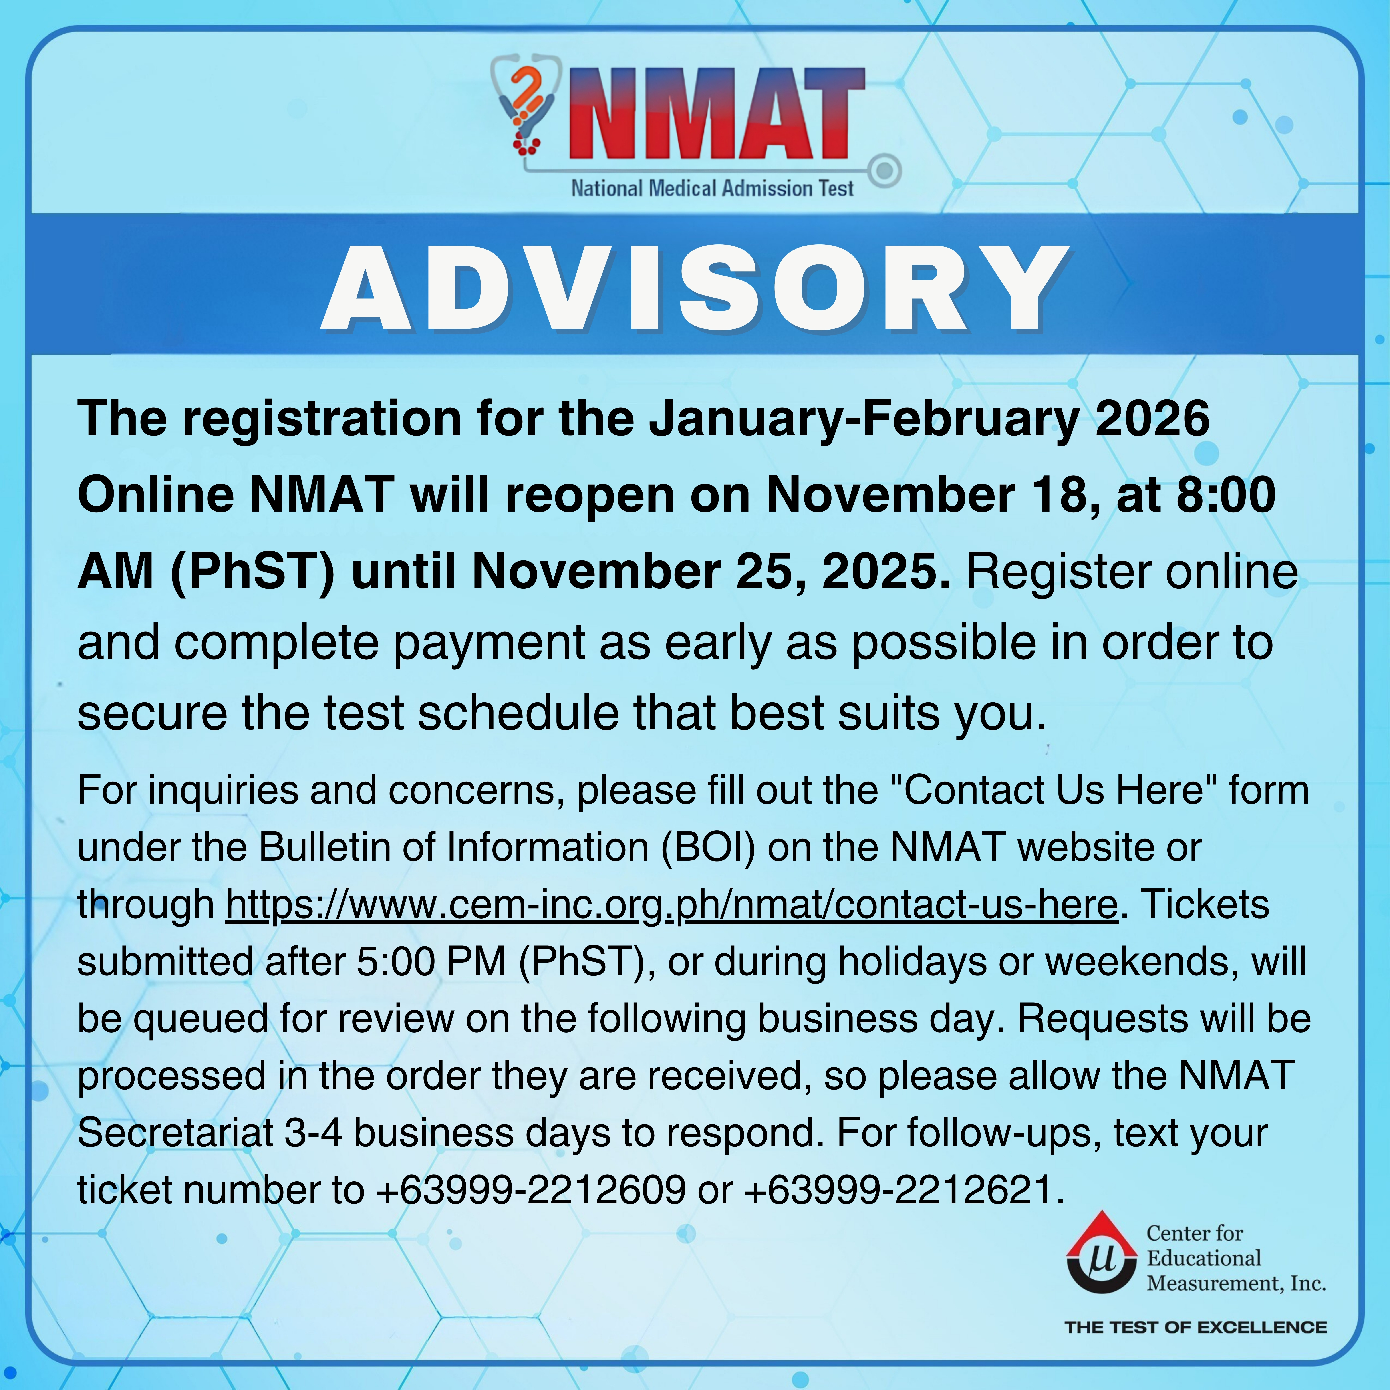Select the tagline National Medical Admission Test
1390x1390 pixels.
(712, 189)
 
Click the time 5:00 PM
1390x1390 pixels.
(432, 962)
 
